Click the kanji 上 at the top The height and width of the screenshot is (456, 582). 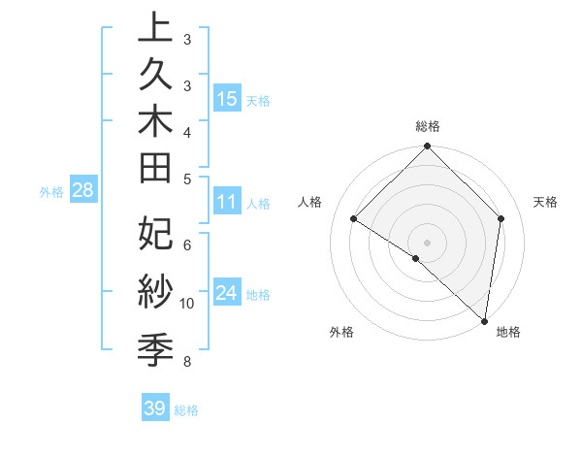coord(155,29)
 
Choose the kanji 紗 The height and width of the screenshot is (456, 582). coord(155,290)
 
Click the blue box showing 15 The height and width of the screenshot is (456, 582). coord(227,98)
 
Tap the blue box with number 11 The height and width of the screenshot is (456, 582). coord(227,203)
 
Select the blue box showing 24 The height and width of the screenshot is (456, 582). coord(227,293)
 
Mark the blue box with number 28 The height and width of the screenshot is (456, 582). coord(82,190)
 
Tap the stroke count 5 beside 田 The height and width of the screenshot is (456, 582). coord(186,178)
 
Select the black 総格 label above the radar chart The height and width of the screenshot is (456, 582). coord(428,126)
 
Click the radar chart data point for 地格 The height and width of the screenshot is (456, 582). coord(484,320)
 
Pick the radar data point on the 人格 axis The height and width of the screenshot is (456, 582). coord(354,218)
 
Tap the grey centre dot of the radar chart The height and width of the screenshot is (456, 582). coord(427,242)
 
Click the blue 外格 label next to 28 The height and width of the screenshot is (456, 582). coord(51,192)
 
